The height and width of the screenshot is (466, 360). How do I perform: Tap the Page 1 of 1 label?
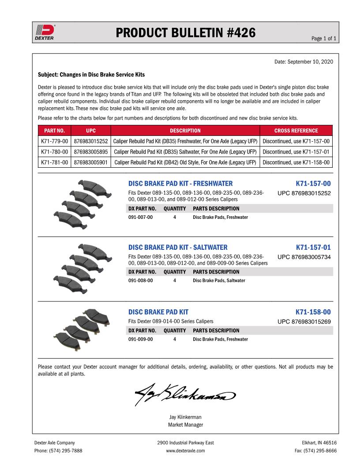tap(324, 39)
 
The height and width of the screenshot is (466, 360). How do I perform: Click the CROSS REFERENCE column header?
tap(296, 131)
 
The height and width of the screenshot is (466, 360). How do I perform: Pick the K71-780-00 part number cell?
tap(54, 152)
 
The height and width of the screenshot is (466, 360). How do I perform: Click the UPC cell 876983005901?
tap(91, 162)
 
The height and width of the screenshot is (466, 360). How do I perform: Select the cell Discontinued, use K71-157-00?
tap(296, 141)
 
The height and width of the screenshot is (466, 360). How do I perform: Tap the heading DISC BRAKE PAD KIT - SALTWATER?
tap(178, 248)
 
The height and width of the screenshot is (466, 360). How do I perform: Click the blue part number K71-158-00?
tap(313, 312)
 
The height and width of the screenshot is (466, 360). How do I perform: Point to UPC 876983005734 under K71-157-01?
tap(304, 257)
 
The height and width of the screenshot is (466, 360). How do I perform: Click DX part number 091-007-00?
tap(140, 217)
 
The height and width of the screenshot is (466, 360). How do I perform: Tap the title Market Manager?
tap(185, 425)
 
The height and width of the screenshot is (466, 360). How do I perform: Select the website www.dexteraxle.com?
tap(185, 451)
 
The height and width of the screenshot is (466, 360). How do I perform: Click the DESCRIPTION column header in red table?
tap(185, 131)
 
